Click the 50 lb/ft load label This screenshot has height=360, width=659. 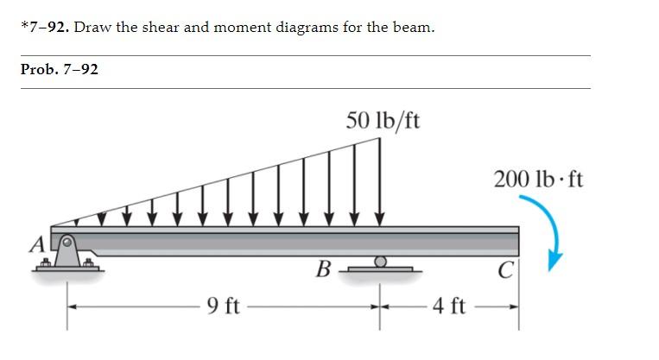[383, 121]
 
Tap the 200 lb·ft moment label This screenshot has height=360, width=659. [538, 180]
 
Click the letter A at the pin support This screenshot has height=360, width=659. [38, 244]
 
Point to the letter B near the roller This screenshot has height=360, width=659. [323, 269]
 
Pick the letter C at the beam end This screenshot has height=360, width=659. [505, 269]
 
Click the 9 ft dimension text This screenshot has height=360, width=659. [223, 306]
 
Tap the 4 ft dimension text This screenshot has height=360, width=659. [449, 306]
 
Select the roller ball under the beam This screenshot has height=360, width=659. [380, 262]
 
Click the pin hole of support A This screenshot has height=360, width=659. [67, 242]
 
